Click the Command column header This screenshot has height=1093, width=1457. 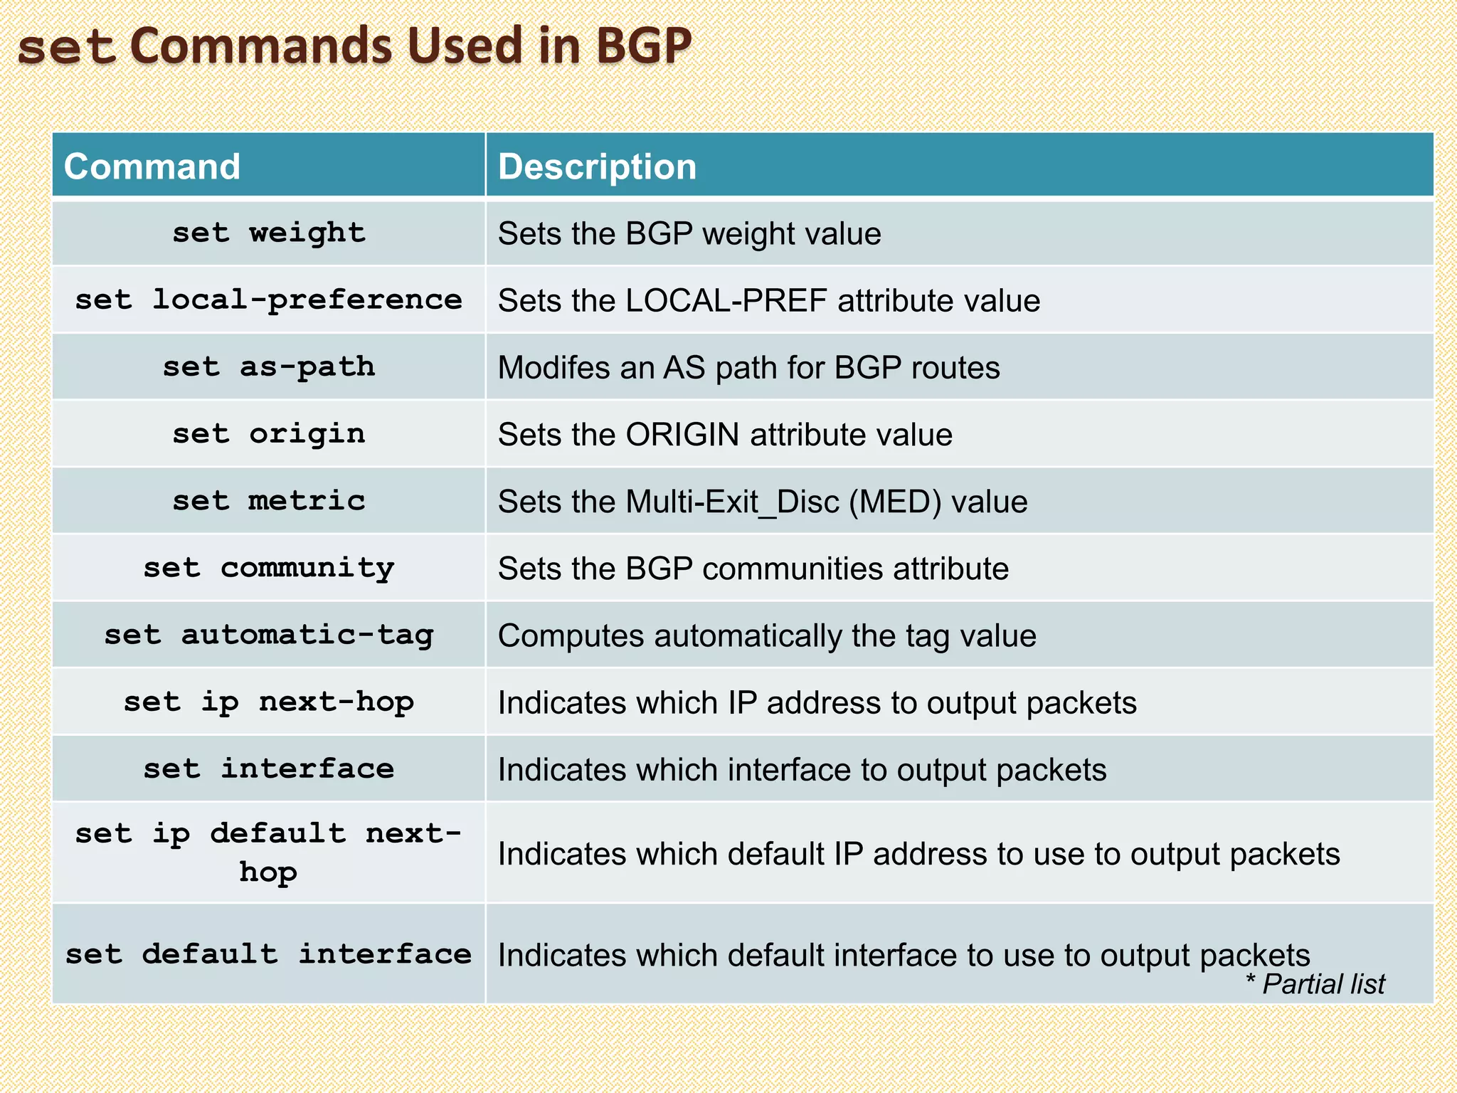[x=152, y=167]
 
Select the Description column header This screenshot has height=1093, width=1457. [x=597, y=167]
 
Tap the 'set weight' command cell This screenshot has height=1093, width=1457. [x=269, y=233]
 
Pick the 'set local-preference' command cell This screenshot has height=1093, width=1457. [x=269, y=300]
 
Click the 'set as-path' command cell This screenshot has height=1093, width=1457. [x=269, y=367]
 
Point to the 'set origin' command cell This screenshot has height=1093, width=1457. [x=269, y=434]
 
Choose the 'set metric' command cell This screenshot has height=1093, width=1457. [x=269, y=501]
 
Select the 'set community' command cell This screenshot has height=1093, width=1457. [x=269, y=568]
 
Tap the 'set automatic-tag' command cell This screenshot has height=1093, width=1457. [x=269, y=635]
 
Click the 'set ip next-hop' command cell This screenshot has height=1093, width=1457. [x=269, y=702]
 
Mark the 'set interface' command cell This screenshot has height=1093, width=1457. [x=269, y=769]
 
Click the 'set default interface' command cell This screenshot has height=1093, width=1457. [x=269, y=954]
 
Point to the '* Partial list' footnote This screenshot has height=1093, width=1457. [x=1315, y=984]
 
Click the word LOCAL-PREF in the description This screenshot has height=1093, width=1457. [x=726, y=300]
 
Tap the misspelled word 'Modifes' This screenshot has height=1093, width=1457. [x=548, y=368]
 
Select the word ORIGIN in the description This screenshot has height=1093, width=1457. [x=682, y=435]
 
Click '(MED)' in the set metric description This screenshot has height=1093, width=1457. [x=895, y=502]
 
